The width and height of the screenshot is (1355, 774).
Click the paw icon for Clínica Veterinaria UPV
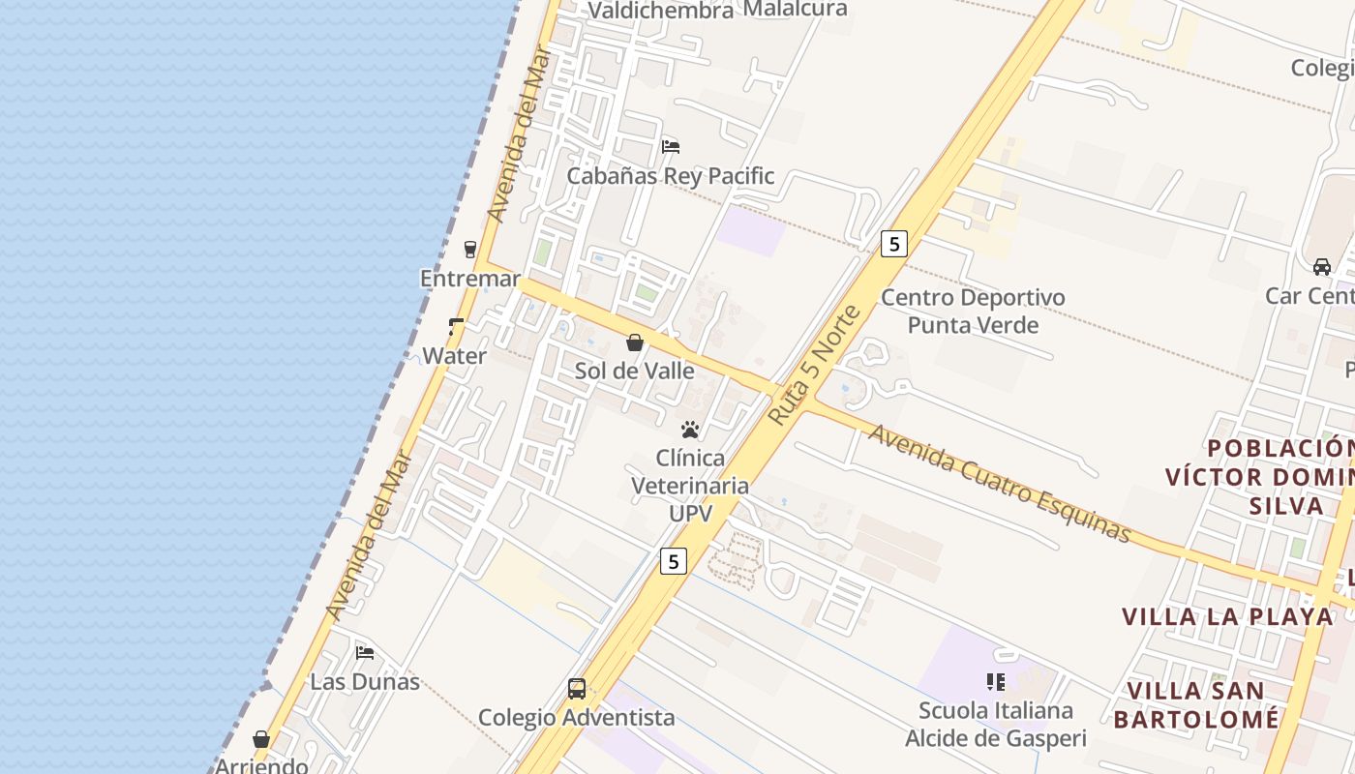click(690, 430)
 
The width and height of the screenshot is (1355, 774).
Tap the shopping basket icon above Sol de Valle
click(635, 342)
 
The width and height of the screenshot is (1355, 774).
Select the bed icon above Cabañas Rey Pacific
click(671, 147)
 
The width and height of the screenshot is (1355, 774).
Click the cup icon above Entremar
click(470, 250)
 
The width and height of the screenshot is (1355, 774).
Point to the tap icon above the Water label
click(456, 327)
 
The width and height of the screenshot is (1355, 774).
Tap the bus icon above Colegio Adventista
click(577, 689)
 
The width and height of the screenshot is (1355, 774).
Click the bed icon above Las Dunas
click(365, 653)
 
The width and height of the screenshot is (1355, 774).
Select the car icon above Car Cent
click(1322, 266)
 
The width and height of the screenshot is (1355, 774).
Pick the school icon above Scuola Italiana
click(996, 682)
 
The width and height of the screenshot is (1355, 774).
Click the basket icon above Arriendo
click(261, 739)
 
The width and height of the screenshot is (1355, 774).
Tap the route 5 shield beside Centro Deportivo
click(893, 244)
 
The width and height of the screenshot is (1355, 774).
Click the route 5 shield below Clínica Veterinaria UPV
click(674, 561)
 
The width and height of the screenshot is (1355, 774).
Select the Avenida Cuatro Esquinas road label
click(999, 483)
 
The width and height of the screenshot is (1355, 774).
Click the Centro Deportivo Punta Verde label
click(973, 311)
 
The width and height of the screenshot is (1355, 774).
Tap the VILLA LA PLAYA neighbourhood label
click(1227, 616)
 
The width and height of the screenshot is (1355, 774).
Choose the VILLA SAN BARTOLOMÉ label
click(1196, 704)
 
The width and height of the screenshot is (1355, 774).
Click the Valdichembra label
click(661, 11)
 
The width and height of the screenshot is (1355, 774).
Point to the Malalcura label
click(795, 9)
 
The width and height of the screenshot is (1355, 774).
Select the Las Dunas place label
click(365, 681)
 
